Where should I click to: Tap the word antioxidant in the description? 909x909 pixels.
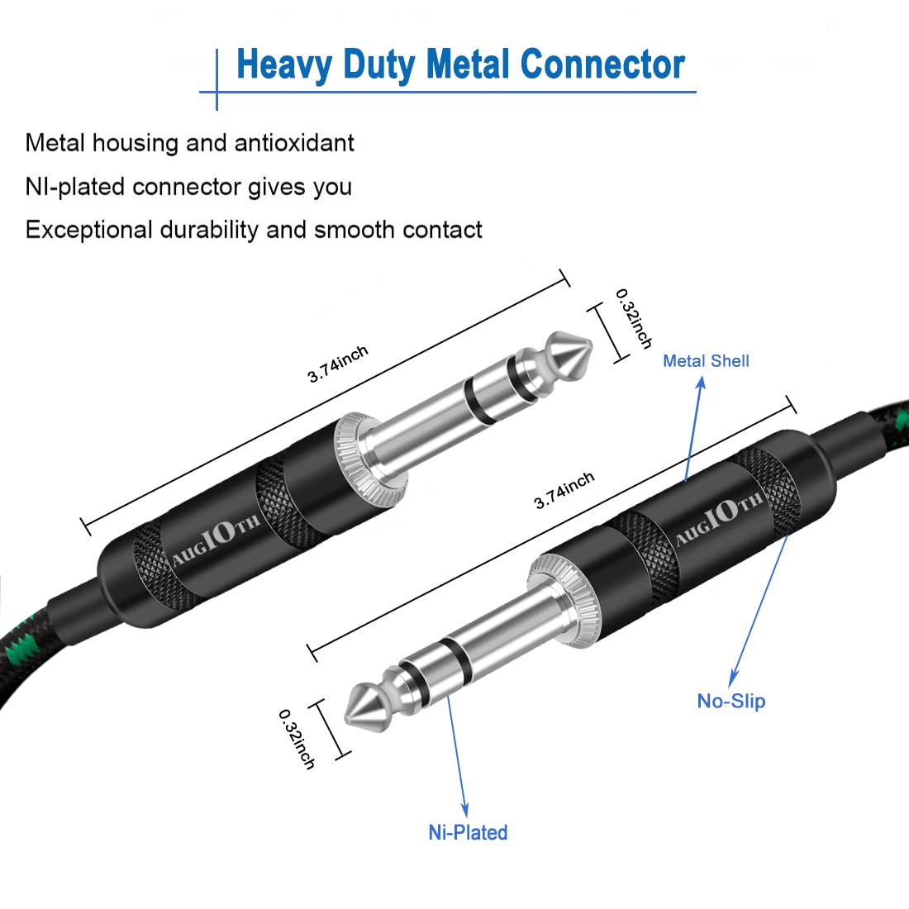coord(294,143)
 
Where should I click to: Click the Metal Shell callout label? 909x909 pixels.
coord(706,361)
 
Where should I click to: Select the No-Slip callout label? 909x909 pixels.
coord(731,702)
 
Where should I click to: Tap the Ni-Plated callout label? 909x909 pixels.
coord(468,832)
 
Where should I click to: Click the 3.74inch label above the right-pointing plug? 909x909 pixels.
coord(338,364)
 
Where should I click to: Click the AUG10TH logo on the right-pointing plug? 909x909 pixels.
coord(217,540)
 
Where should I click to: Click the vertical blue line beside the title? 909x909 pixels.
coord(217,79)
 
